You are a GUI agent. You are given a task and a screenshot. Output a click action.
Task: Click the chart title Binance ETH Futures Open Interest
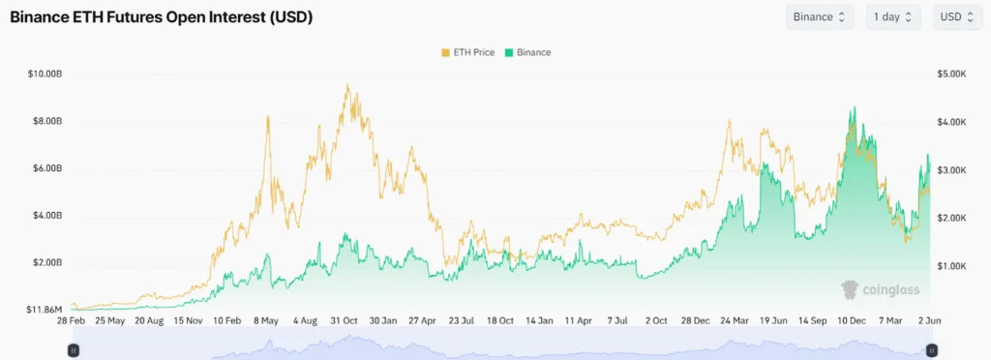click(x=161, y=18)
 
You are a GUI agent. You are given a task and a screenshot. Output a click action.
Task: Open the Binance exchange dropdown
click(x=819, y=17)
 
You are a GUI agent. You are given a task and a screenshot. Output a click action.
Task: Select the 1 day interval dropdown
click(x=892, y=17)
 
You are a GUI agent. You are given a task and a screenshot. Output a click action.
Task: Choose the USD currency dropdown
click(x=959, y=17)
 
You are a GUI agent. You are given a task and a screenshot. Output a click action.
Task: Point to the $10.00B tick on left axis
click(x=45, y=75)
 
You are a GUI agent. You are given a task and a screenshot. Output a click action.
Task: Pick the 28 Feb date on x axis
click(x=73, y=319)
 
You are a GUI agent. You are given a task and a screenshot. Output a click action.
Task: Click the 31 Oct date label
click(x=344, y=319)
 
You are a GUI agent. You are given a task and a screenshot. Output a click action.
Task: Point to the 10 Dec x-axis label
click(x=852, y=319)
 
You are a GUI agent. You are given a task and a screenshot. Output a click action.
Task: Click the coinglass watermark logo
click(x=880, y=289)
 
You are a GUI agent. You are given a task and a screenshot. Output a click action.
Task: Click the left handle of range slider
click(x=73, y=349)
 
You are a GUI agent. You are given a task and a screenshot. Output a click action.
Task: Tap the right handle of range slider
click(x=930, y=349)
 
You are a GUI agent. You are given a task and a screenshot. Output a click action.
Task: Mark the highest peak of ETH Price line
click(x=346, y=84)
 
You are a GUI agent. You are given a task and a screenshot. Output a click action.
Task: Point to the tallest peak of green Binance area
click(x=853, y=107)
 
